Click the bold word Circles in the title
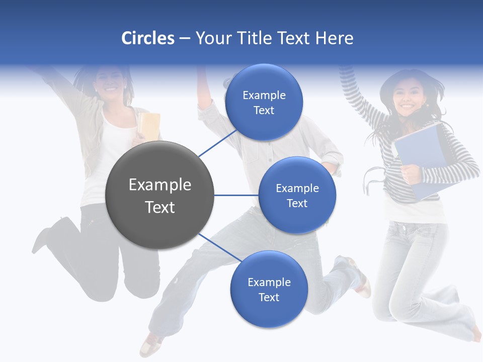pos(147,38)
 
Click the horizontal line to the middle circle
pos(236,195)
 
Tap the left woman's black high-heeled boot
pos(48,236)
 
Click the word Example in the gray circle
pos(160,185)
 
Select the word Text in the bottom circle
pos(269,297)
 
